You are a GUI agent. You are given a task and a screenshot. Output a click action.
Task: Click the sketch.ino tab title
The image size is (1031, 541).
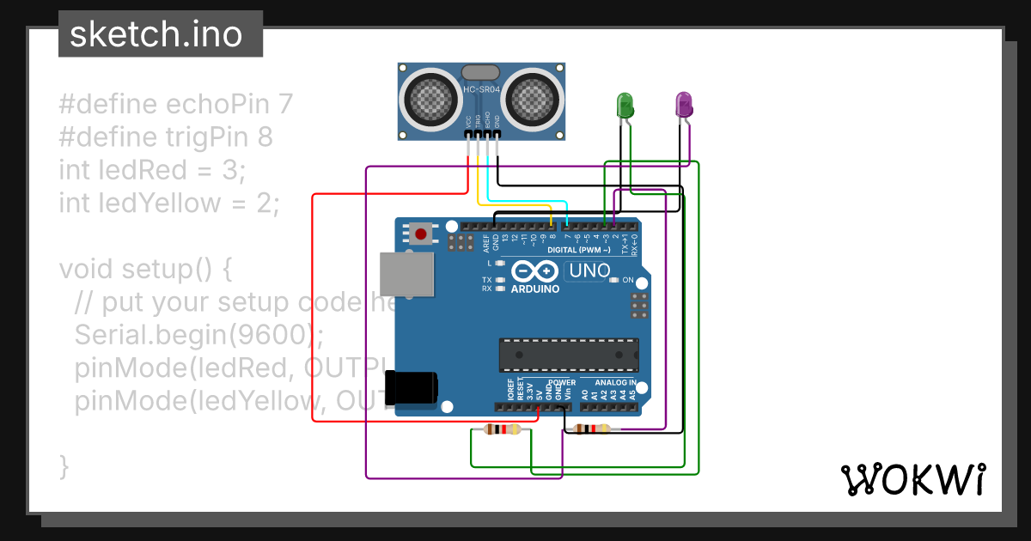pyautogui.click(x=156, y=34)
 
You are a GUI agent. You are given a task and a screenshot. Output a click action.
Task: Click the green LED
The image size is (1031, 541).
pyautogui.click(x=625, y=106)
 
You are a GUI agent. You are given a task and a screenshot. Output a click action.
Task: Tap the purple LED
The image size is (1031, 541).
pyautogui.click(x=684, y=105)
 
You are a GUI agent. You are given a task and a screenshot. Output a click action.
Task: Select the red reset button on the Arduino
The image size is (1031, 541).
pyautogui.click(x=421, y=233)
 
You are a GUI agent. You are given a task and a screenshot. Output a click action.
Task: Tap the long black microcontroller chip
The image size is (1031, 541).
pyautogui.click(x=570, y=353)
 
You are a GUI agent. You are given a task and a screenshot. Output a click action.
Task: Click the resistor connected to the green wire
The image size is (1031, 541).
pyautogui.click(x=503, y=429)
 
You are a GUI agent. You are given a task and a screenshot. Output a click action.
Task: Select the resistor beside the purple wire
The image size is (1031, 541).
pyautogui.click(x=592, y=429)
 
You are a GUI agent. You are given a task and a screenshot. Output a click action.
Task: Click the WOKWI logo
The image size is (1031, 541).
pyautogui.click(x=912, y=479)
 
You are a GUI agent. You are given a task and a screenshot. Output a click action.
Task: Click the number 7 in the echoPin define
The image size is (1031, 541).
pyautogui.click(x=286, y=105)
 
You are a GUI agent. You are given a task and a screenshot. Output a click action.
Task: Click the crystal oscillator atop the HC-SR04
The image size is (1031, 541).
pyautogui.click(x=481, y=73)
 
